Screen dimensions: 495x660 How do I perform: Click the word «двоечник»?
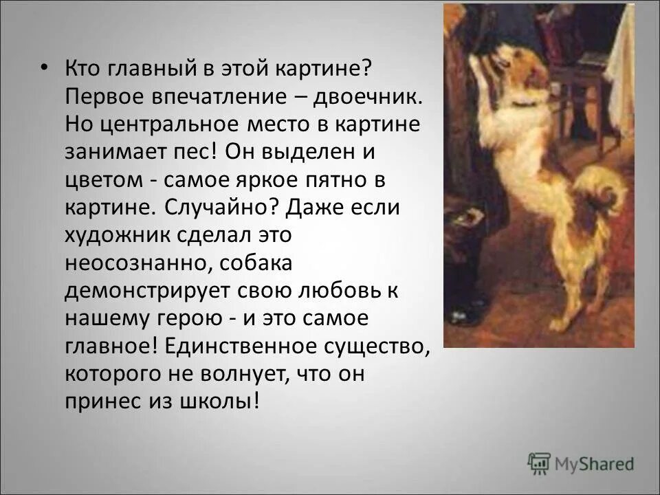(x=365, y=96)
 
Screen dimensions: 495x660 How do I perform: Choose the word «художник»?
(x=120, y=234)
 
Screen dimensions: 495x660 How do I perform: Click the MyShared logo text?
(x=595, y=464)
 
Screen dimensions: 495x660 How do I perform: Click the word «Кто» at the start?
(x=80, y=68)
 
